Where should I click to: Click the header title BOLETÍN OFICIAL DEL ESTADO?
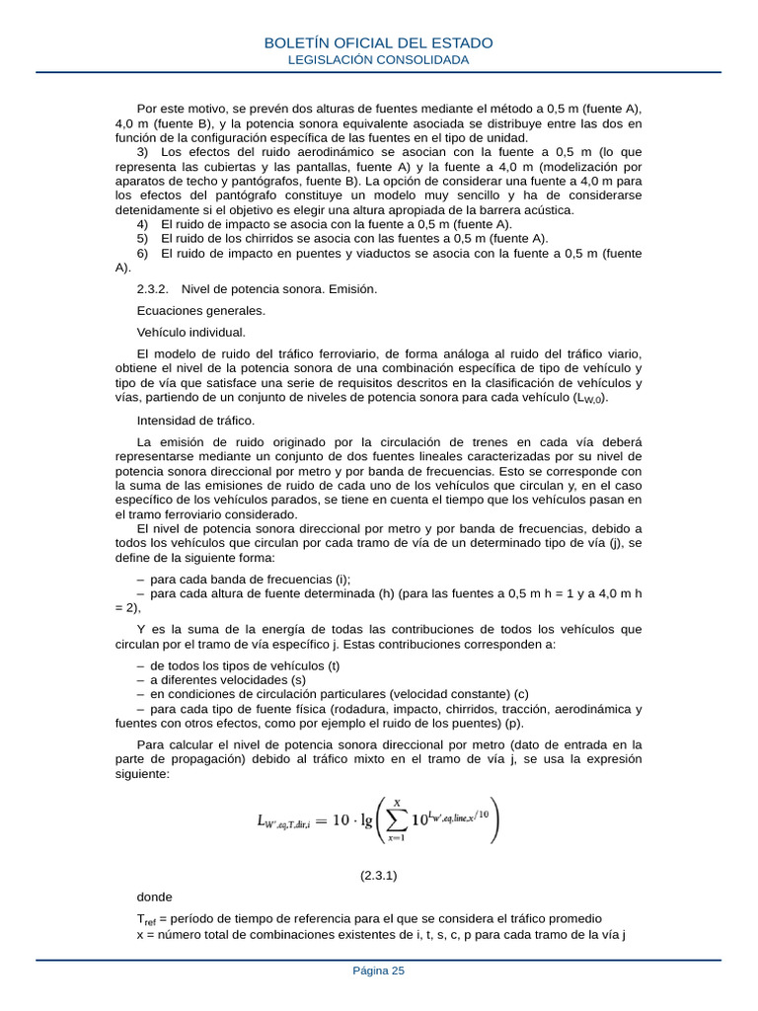tap(379, 43)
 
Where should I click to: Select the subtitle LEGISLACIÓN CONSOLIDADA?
tap(379, 60)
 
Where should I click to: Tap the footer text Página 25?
tap(379, 971)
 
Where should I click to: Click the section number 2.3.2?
tap(153, 288)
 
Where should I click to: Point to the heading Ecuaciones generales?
tap(187, 310)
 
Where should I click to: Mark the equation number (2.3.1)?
tap(379, 875)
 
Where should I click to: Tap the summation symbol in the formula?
tap(396, 821)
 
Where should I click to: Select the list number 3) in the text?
tap(143, 152)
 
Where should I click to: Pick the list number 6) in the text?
tap(143, 253)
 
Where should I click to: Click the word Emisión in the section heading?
tap(350, 288)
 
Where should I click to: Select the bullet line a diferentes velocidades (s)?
tap(228, 679)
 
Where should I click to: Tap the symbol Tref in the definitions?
tap(145, 919)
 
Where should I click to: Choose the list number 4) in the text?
tap(143, 224)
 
